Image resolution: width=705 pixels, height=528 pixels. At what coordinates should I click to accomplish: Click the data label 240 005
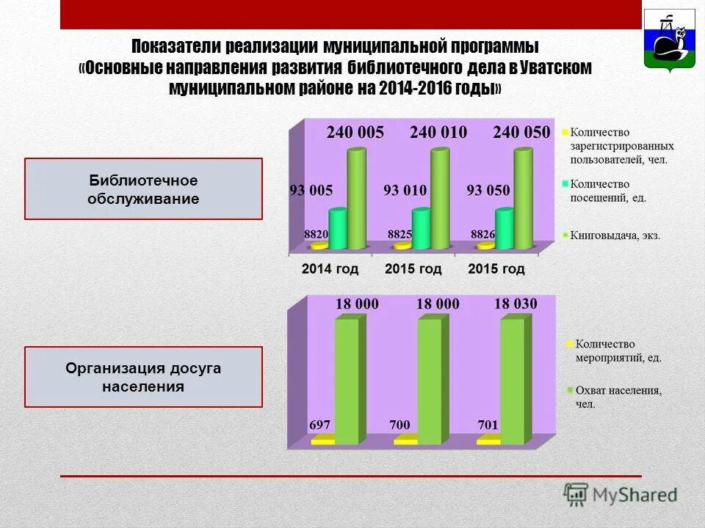coord(355,133)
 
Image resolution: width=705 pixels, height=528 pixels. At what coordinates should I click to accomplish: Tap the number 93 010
coord(405,191)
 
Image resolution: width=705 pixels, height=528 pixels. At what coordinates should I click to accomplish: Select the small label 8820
coord(316,235)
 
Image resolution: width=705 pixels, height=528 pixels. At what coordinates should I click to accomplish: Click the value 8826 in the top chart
coord(482,235)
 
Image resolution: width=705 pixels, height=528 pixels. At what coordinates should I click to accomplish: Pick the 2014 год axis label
coord(330,269)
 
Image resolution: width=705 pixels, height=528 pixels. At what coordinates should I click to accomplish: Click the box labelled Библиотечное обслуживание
coord(143,189)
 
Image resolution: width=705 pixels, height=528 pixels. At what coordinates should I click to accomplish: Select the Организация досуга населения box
coord(143,377)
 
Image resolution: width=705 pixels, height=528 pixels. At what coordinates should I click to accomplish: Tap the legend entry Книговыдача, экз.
coord(615,235)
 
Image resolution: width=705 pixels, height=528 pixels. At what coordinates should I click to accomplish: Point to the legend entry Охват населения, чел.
coord(618,397)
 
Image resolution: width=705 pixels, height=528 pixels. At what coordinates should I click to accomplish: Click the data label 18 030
coord(516,304)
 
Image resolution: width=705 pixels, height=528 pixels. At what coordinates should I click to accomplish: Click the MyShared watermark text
coord(634,494)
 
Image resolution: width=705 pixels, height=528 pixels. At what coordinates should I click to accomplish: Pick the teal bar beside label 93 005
coord(338,228)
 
